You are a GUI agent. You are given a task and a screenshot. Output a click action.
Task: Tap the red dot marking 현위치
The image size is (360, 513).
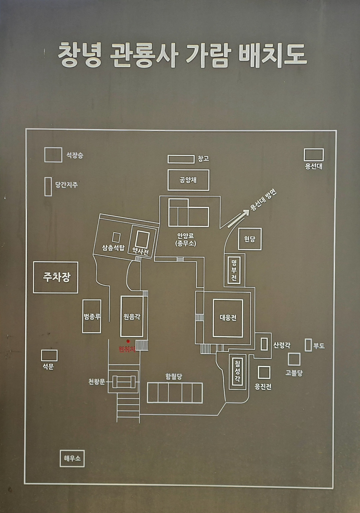coord(128,341)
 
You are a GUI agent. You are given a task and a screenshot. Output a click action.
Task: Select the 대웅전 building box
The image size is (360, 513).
coord(228,318)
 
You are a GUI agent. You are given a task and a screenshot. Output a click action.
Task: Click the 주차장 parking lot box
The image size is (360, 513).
coord(56,277)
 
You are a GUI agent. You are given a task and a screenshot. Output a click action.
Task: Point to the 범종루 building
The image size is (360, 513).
coord(92,317)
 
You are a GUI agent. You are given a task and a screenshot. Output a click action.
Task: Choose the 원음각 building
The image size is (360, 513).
coord(132,317)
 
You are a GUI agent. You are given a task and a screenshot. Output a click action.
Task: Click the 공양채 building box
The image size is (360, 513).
coord(188,180)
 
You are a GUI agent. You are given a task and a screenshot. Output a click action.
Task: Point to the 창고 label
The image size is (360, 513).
coord(203,159)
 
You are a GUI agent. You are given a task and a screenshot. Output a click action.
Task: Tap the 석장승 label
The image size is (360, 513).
coord(75,155)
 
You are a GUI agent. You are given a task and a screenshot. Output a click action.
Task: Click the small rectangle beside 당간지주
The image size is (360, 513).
coord(48,186)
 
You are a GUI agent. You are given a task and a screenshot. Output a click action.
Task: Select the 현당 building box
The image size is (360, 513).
coord(250,239)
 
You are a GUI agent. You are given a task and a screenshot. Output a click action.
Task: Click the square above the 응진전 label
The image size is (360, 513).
coord(264,373)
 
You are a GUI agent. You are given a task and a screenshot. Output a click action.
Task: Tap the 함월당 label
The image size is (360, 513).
coord(174,377)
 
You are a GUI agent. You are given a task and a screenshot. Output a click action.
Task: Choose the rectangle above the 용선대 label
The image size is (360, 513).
coord(314,155)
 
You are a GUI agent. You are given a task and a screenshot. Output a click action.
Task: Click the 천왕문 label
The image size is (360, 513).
coord(96,382)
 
